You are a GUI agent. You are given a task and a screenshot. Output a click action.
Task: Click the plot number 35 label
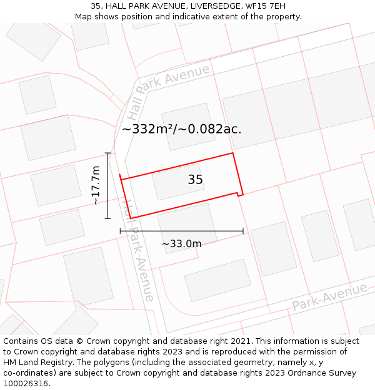click(x=195, y=180)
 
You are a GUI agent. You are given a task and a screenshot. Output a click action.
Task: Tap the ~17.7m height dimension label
click(x=96, y=185)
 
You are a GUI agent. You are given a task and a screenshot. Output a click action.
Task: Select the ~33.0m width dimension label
click(x=182, y=244)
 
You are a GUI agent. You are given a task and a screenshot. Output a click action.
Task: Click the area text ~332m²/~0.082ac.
click(x=181, y=129)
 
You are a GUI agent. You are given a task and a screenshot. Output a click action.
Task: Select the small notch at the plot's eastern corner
click(x=239, y=194)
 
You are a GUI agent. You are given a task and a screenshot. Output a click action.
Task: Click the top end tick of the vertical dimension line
click(x=108, y=153)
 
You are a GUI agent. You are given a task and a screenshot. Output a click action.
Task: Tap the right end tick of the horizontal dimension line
click(x=243, y=231)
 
